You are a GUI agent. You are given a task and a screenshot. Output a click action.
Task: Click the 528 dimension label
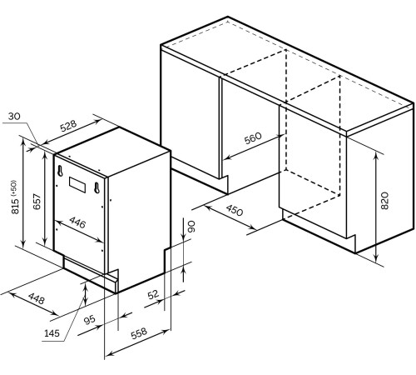point(68,126)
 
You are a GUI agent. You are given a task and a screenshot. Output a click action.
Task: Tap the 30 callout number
point(14,116)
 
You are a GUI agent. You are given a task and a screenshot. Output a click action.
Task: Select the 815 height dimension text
point(15,206)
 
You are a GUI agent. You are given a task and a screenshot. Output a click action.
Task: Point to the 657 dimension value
point(37,202)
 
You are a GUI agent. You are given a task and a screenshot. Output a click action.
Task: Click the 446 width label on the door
point(77,222)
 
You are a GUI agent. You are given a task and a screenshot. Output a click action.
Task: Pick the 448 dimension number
point(37,298)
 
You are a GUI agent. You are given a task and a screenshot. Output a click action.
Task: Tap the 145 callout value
point(52,332)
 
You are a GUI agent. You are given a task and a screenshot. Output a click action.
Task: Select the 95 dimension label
point(89,320)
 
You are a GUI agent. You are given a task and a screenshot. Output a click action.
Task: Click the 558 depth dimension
point(139,333)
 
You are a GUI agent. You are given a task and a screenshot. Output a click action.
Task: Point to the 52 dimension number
point(153,294)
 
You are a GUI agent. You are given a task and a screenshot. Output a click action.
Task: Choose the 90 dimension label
point(191,227)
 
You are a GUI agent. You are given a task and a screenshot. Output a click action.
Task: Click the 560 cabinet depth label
point(253,138)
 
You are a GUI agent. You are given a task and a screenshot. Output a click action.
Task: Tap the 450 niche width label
point(235,210)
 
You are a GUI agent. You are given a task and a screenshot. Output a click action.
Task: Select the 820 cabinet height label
point(385,201)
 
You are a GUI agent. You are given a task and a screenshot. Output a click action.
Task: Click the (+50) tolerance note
point(14,188)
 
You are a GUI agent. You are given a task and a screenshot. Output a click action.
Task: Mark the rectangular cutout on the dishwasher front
point(77,185)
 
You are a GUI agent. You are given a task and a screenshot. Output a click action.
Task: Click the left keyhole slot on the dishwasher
point(60,170)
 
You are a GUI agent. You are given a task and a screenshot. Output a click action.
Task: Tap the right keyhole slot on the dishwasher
point(97,187)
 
